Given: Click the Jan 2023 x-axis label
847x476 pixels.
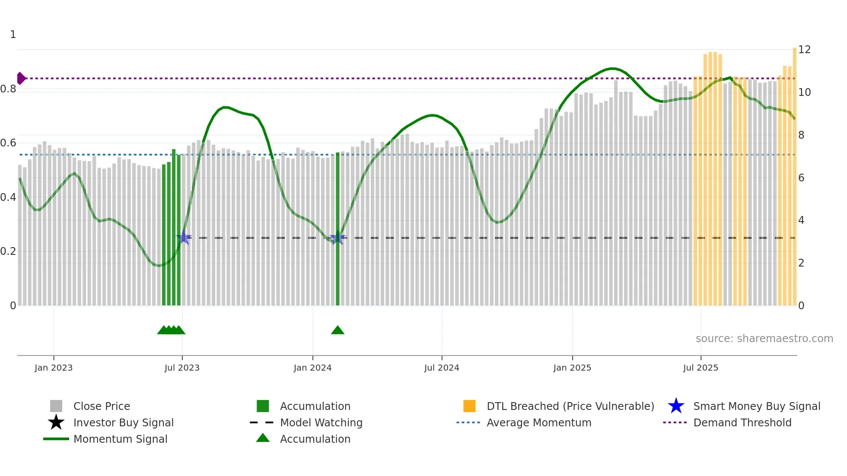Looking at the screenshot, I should click(x=54, y=368).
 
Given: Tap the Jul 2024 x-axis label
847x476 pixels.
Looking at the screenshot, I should click(x=442, y=368).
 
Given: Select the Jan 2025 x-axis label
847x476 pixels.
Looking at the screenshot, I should click(x=572, y=368).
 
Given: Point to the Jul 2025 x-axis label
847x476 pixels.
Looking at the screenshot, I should click(x=701, y=368).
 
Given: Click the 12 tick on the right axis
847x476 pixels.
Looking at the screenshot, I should click(x=804, y=50).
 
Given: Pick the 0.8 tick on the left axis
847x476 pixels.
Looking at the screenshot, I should click(x=8, y=89).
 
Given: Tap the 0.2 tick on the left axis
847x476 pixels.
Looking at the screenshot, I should click(x=8, y=251).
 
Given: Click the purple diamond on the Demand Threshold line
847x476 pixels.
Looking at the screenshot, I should click(x=21, y=78).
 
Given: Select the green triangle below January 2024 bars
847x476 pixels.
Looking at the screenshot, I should click(x=338, y=330).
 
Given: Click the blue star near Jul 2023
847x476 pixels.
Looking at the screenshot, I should click(x=184, y=237).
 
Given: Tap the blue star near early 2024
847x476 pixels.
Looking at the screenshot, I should click(x=337, y=238).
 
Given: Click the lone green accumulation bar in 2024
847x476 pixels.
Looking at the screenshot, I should click(x=338, y=229).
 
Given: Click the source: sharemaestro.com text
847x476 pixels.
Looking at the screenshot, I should click(x=764, y=339).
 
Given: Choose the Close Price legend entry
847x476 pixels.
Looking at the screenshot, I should click(x=102, y=406).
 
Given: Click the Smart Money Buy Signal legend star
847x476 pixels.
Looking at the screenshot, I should click(x=676, y=406).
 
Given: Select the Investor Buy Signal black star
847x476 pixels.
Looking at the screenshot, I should click(x=56, y=422).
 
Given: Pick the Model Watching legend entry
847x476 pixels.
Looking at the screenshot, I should click(x=321, y=422).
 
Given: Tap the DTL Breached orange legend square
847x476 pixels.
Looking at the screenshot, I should click(x=469, y=406).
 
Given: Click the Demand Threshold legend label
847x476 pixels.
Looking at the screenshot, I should click(x=742, y=422).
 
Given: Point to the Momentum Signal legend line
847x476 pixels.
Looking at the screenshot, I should click(x=56, y=439).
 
